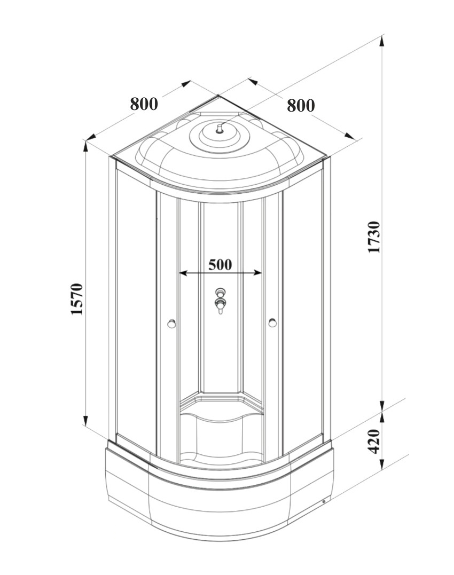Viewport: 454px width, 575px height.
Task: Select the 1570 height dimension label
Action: (x=78, y=300)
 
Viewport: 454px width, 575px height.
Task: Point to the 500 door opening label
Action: (x=220, y=264)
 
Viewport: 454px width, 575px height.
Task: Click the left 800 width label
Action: (x=144, y=104)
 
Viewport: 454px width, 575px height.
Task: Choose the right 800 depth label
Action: (x=301, y=105)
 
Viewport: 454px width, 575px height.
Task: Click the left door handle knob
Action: (x=171, y=322)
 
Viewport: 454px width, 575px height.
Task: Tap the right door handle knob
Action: (x=273, y=322)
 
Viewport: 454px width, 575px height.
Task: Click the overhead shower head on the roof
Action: (x=220, y=129)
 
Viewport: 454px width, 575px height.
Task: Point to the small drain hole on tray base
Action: (x=323, y=501)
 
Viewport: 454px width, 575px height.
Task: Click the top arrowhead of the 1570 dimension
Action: (x=85, y=145)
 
